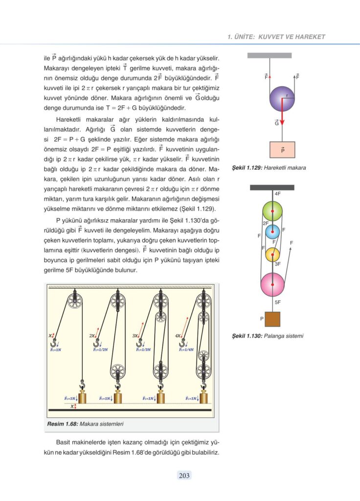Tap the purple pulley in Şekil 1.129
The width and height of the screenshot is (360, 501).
click(282, 99)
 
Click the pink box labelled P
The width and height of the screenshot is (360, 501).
click(282, 149)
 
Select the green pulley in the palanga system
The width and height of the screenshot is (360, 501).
click(272, 210)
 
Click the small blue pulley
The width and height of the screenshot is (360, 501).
click(272, 231)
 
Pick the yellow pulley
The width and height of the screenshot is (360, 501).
click(272, 254)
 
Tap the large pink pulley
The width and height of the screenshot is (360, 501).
click(272, 285)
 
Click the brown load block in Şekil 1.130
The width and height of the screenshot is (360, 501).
click(272, 319)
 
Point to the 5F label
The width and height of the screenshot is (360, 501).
click(277, 302)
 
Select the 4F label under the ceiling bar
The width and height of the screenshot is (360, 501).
click(277, 194)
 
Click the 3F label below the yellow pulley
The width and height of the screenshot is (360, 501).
click(277, 264)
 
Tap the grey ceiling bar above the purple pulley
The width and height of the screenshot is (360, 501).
click(270, 55)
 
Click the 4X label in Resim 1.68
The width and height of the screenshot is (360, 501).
click(178, 336)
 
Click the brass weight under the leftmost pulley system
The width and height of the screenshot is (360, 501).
click(82, 397)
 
